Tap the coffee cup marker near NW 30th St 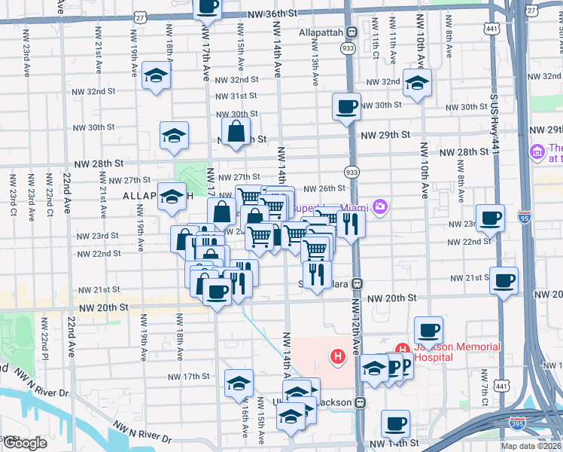click(346, 106)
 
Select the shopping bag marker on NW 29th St click(236, 131)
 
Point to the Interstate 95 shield click(524, 218)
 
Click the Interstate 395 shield click(517, 423)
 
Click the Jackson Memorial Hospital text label click(457, 351)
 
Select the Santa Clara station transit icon click(358, 284)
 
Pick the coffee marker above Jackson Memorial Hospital click(428, 330)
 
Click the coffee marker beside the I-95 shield click(490, 218)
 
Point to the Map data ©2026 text click(530, 445)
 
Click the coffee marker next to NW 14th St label click(395, 423)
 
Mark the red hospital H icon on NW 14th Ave click(338, 355)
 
